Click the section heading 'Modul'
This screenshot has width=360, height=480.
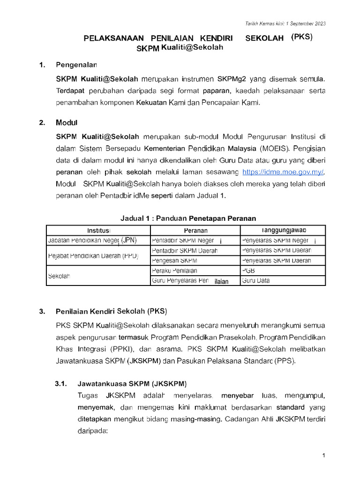pyautogui.click(x=66, y=123)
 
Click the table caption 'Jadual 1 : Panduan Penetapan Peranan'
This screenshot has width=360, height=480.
pyautogui.click(x=188, y=218)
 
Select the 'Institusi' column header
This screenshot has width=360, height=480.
pyautogui.click(x=98, y=230)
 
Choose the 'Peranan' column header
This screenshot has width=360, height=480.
pyautogui.click(x=195, y=230)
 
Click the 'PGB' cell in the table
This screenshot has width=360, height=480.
pyautogui.click(x=248, y=270)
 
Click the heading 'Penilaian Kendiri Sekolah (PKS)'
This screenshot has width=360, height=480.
pyautogui.click(x=111, y=311)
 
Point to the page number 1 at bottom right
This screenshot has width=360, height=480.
pyautogui.click(x=323, y=456)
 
